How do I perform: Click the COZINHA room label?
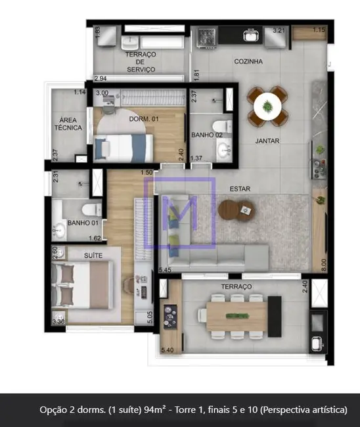(248, 62)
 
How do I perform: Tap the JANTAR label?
(268, 141)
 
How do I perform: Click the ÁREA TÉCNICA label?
(70, 124)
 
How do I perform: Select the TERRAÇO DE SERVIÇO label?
(140, 62)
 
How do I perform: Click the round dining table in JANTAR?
(267, 105)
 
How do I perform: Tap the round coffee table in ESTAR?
(230, 210)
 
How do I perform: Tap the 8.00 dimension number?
(321, 263)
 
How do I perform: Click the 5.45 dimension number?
(166, 269)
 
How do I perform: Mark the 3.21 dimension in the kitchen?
(279, 30)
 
